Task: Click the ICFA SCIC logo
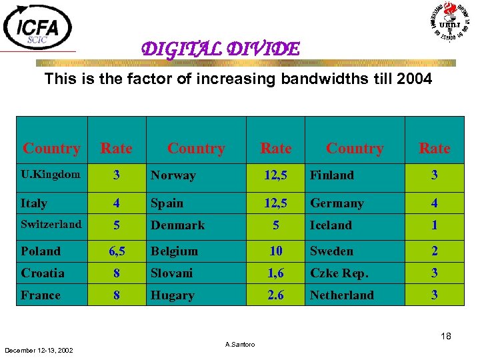click(x=38, y=27)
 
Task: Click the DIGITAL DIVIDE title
click(x=220, y=49)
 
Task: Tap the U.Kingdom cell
click(x=51, y=175)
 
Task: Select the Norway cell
click(x=173, y=175)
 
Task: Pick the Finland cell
click(x=332, y=175)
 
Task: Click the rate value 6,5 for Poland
click(x=117, y=251)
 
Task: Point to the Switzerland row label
click(x=51, y=224)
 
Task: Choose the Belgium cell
click(x=175, y=251)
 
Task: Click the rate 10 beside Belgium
click(x=275, y=251)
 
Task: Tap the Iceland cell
click(x=331, y=225)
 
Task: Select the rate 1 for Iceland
click(x=434, y=225)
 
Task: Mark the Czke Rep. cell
click(x=339, y=273)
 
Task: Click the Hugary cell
click(x=173, y=295)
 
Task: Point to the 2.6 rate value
click(x=275, y=295)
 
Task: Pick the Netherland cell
click(x=342, y=295)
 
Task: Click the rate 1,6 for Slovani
click(x=275, y=273)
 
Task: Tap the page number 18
click(x=445, y=337)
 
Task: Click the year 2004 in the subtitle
click(x=414, y=79)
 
